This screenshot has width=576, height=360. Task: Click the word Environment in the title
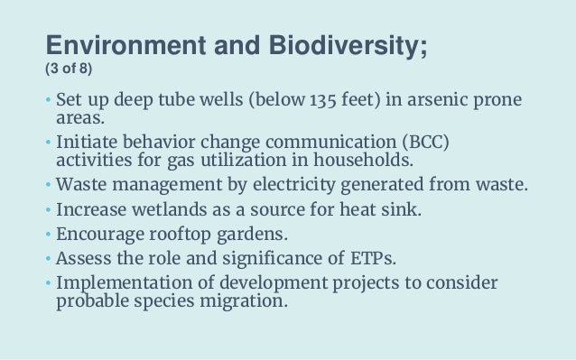point(128,45)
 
